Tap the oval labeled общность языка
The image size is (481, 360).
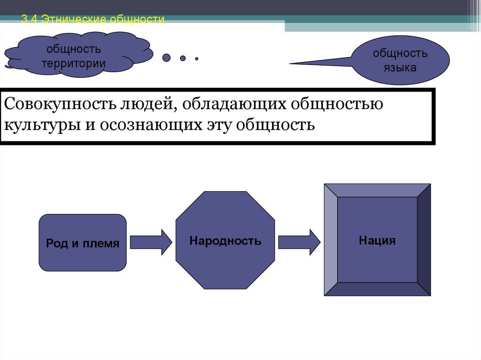(400, 60)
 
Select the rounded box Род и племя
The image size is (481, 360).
(82, 243)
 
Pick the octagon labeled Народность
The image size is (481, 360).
(225, 240)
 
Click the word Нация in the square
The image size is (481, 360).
(377, 241)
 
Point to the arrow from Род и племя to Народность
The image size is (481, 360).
(151, 242)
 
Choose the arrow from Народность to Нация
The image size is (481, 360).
(299, 242)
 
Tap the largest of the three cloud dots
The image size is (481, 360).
(166, 58)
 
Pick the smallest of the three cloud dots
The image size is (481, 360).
(197, 59)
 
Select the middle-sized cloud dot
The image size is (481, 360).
(182, 58)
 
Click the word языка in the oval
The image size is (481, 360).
(400, 68)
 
